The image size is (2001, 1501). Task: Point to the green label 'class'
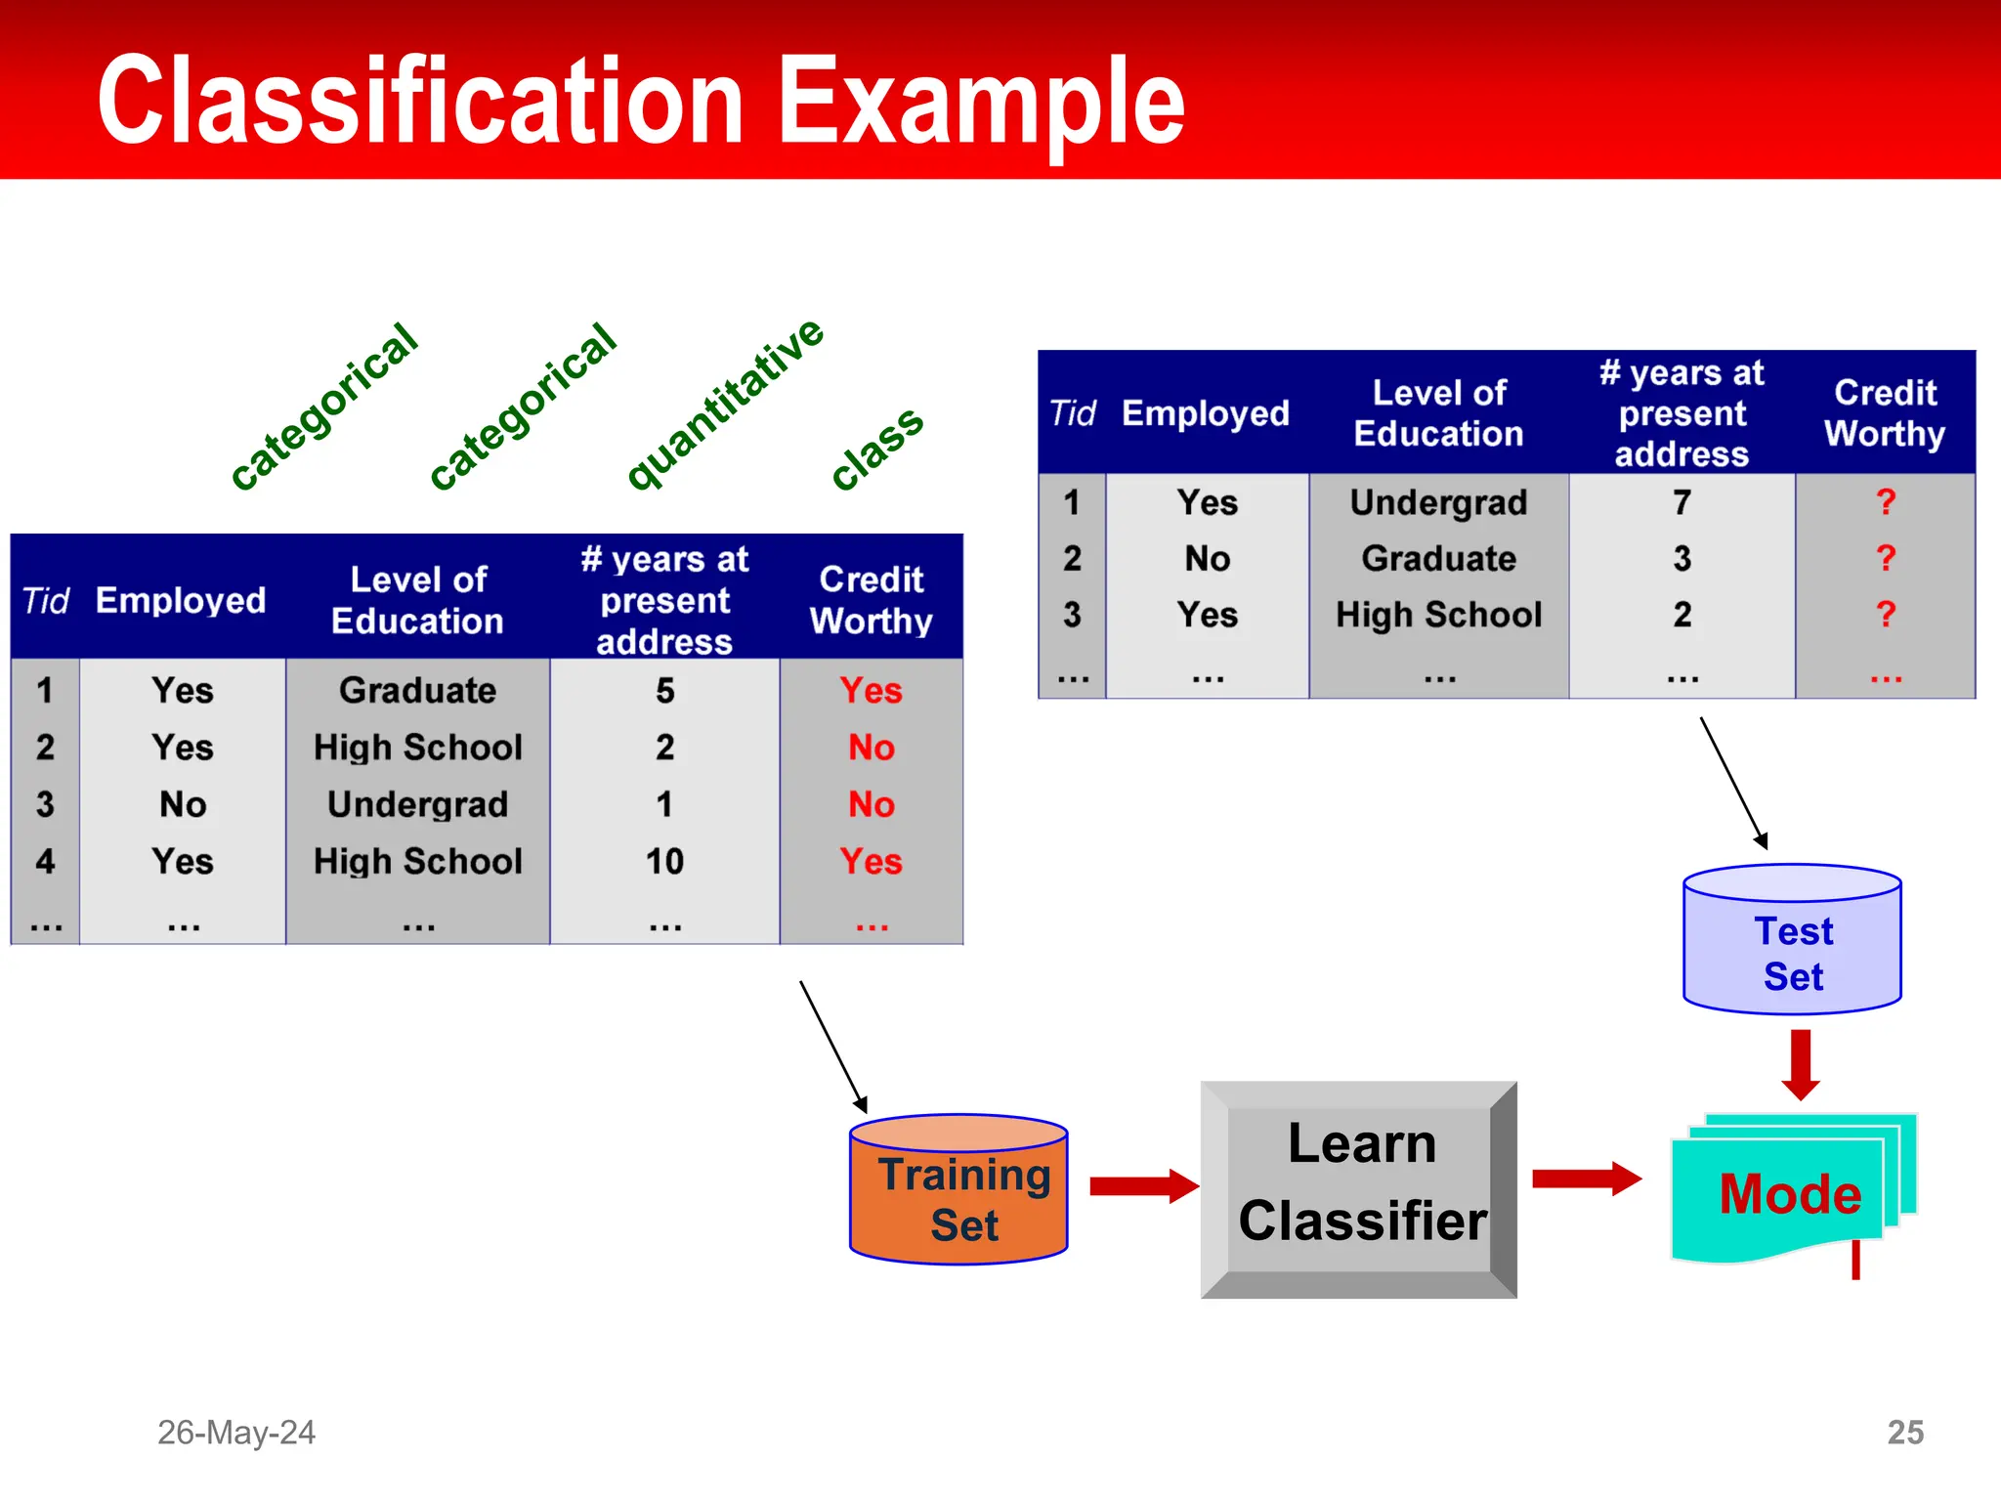click(876, 448)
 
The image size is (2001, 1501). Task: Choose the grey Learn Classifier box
click(1359, 1188)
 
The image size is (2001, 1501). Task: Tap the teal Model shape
click(1788, 1195)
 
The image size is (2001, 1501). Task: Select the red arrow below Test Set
click(1800, 1064)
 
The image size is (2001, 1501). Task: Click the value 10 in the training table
click(664, 861)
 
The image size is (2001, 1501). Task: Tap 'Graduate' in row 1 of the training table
click(417, 691)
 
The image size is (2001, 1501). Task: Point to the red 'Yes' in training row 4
click(871, 861)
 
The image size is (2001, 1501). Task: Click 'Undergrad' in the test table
click(1438, 502)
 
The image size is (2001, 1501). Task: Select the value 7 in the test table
click(1682, 502)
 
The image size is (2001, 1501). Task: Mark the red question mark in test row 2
click(1885, 558)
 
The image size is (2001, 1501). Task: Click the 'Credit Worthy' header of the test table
click(1885, 412)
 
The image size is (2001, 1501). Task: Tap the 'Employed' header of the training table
click(181, 600)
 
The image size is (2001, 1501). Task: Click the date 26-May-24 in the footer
click(236, 1432)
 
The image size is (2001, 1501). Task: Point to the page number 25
click(1904, 1432)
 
